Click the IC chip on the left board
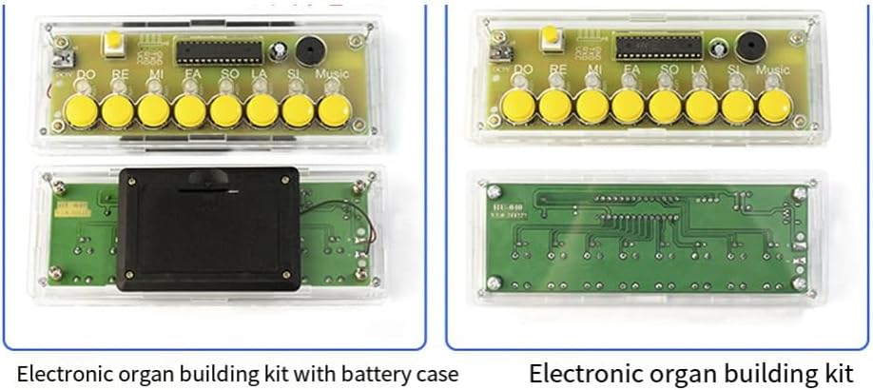tap(218, 48)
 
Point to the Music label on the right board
tap(772, 69)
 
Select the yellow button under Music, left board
tap(334, 110)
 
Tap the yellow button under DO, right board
tap(519, 107)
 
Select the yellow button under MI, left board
tap(153, 109)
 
